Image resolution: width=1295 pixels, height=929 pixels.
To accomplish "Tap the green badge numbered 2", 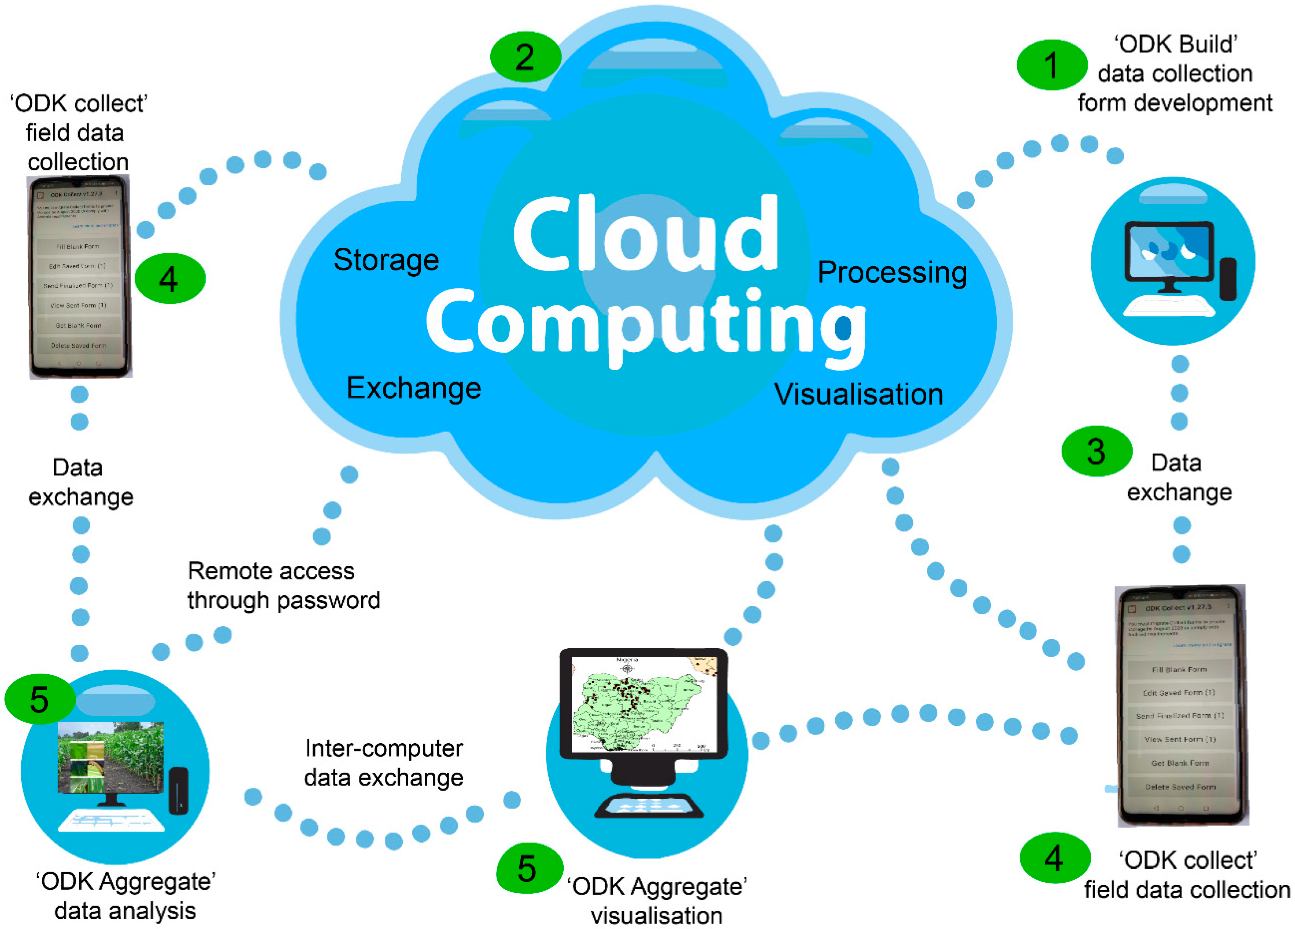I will coord(525,57).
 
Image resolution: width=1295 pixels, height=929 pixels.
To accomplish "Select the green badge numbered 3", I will coord(1096,451).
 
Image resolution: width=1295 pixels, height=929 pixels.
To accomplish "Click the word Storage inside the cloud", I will coord(386,260).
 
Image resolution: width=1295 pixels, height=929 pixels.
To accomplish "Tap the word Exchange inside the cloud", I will coord(414,388).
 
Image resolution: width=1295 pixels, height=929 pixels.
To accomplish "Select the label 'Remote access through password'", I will coord(283,586).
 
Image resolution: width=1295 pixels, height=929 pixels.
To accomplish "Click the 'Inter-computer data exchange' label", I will coord(384,763).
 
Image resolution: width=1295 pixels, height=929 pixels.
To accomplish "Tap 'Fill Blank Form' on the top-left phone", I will coord(78,247).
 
